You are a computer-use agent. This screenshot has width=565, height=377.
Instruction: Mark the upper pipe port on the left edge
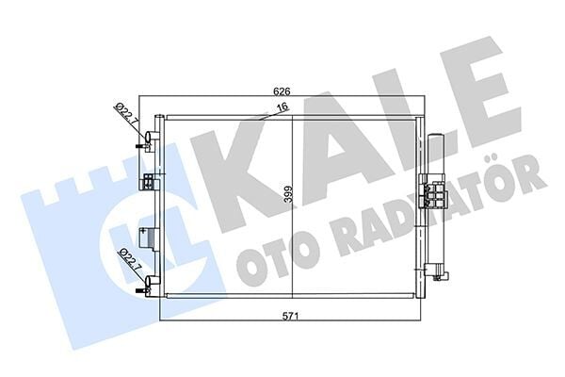pyautogui.click(x=146, y=143)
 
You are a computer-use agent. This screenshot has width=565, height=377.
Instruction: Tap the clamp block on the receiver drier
pyautogui.click(x=436, y=193)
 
